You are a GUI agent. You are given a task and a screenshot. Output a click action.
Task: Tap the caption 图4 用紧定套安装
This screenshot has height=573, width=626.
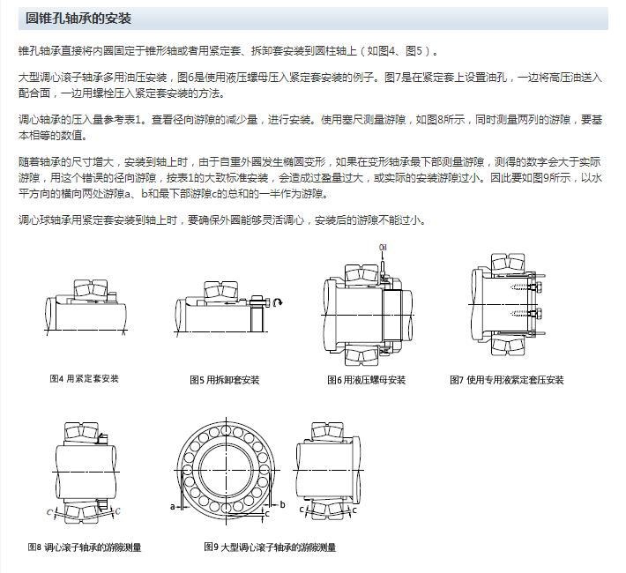click(84, 378)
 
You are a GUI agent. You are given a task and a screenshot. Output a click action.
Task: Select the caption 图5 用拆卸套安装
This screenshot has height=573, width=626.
click(225, 380)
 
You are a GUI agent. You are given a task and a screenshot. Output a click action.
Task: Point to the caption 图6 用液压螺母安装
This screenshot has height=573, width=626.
click(366, 380)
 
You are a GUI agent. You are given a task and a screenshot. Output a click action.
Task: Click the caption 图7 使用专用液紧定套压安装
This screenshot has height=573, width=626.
click(507, 380)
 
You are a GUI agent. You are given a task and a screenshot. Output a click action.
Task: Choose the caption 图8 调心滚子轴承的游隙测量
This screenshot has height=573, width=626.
click(85, 547)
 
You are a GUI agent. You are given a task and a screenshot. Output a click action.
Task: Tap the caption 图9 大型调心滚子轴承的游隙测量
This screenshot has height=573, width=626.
click(270, 547)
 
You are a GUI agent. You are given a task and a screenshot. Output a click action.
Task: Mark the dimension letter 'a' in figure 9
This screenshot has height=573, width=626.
click(173, 506)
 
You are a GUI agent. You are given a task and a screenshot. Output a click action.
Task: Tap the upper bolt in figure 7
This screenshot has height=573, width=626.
click(535, 286)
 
